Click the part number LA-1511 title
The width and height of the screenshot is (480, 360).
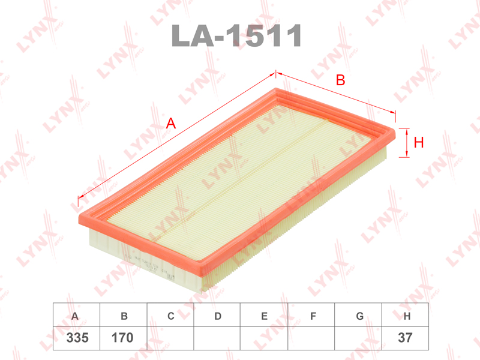click(236, 35)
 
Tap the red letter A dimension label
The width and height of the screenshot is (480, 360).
click(171, 124)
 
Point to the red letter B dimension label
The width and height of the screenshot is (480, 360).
click(340, 80)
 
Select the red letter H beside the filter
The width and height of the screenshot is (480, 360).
click(418, 142)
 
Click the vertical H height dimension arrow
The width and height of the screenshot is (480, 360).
click(407, 143)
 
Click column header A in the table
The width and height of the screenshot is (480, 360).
click(74, 316)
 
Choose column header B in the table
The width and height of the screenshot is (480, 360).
click(124, 316)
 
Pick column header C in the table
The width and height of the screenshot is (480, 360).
click(171, 316)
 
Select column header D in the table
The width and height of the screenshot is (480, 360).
click(218, 316)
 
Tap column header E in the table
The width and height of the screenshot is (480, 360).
click(265, 316)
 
